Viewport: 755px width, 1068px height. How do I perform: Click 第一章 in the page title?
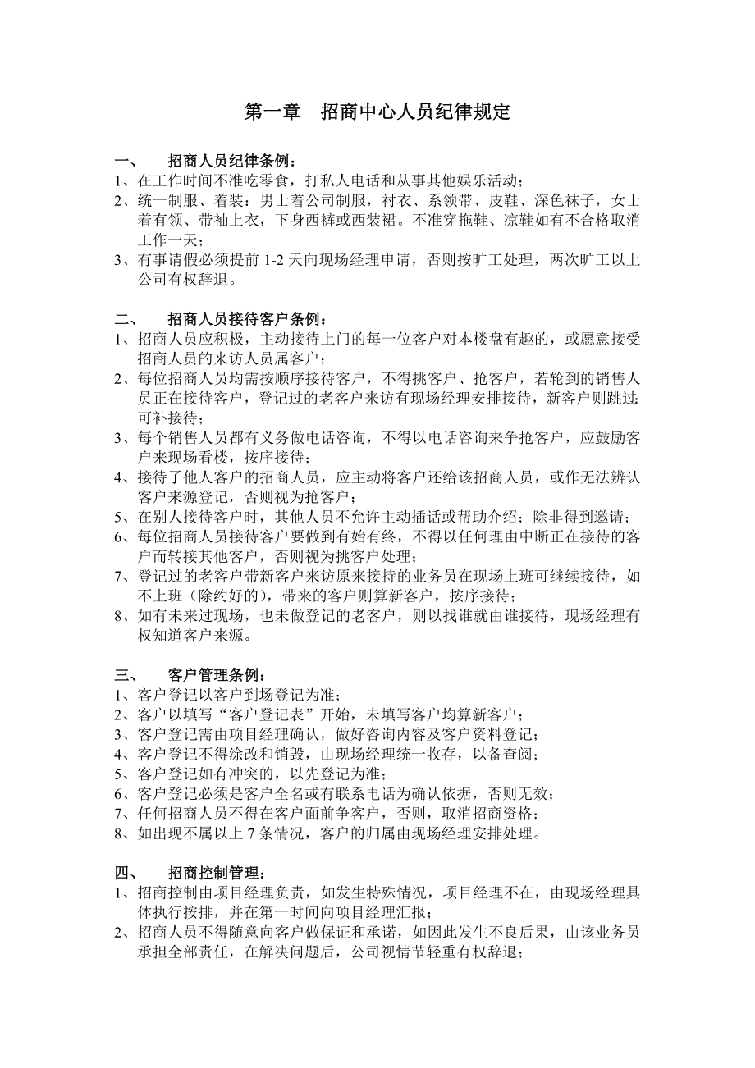[x=272, y=112]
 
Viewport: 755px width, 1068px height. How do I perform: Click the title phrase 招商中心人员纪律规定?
[x=415, y=112]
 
